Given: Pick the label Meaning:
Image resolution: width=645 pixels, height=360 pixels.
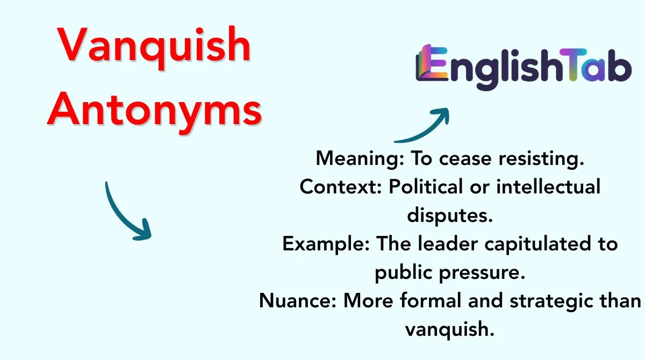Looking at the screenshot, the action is coord(360,159).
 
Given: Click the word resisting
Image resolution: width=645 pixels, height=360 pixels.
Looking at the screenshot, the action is coord(541,159).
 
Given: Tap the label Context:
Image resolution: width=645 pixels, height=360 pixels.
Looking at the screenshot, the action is coord(341,187).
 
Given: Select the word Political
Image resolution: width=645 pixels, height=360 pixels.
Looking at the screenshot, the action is coord(426,186).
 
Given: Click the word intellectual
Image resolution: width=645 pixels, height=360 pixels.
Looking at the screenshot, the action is coord(549,186).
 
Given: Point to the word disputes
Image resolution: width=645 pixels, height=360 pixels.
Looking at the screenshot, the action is coord(450,215).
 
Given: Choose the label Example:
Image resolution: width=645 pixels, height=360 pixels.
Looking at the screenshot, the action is coord(326,244).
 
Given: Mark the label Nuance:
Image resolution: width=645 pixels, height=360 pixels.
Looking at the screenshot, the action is coord(298,301).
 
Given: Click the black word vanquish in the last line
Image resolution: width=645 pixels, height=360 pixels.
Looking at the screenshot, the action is coord(450,329).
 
